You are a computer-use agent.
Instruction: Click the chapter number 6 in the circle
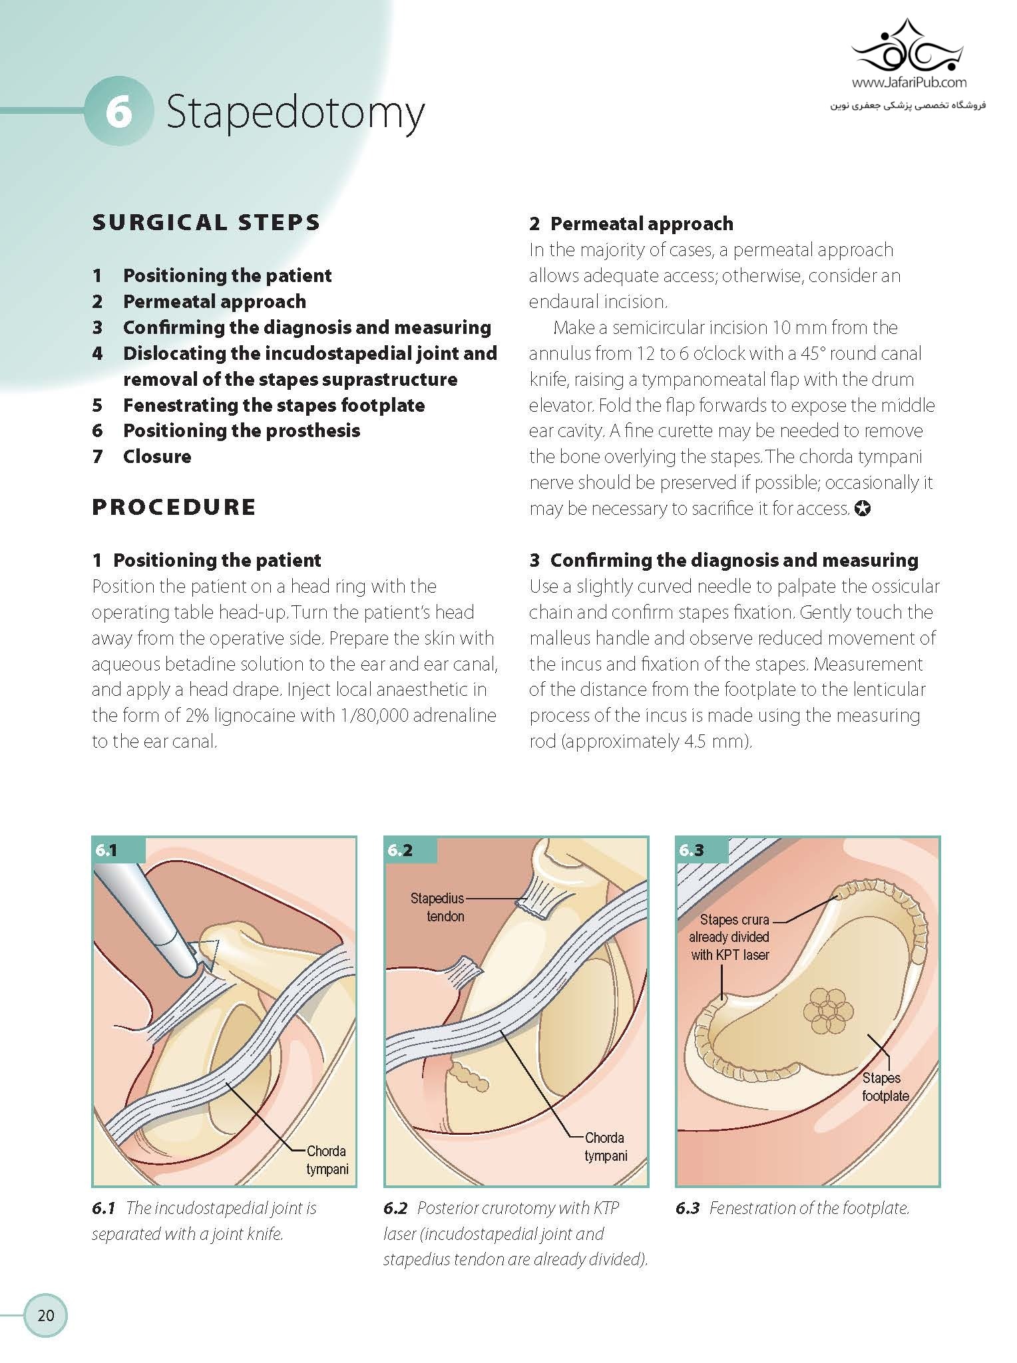(x=118, y=112)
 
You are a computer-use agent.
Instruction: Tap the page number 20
(x=46, y=1315)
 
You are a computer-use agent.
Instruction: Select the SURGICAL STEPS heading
(x=206, y=222)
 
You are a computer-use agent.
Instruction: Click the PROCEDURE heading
(x=174, y=507)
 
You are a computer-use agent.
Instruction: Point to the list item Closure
(x=157, y=456)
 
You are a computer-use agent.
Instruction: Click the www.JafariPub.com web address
(x=909, y=83)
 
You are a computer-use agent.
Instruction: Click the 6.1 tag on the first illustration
(x=106, y=850)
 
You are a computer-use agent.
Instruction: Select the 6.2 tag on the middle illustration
(x=399, y=850)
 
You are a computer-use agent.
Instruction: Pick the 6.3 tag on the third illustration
(x=691, y=850)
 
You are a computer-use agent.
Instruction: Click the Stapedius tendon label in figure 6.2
(x=438, y=907)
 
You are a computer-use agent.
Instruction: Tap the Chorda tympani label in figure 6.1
(x=326, y=1160)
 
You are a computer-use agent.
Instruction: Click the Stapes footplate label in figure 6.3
(x=884, y=1087)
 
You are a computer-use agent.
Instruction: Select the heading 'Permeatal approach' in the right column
(x=642, y=224)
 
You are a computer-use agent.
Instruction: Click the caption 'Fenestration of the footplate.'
(x=809, y=1208)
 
